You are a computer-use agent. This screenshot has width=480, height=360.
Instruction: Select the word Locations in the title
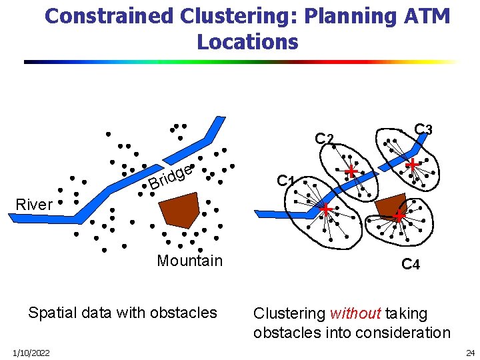click(x=247, y=42)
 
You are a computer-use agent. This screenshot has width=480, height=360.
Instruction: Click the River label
click(x=33, y=205)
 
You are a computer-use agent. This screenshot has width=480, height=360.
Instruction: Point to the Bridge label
click(x=171, y=177)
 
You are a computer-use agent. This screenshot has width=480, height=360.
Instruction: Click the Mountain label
click(x=189, y=261)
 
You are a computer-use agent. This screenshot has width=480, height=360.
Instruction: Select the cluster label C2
click(x=324, y=139)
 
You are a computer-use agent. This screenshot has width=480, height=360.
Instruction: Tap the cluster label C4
click(x=410, y=265)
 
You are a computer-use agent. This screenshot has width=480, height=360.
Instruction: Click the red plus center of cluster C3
click(x=413, y=164)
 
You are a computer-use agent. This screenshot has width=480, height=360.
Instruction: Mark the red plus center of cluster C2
click(x=351, y=172)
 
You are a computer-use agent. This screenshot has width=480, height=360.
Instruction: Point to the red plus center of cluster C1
click(x=326, y=210)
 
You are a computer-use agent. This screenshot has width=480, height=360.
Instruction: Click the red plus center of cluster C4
click(x=398, y=215)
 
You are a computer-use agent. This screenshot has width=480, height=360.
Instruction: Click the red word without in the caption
click(x=355, y=313)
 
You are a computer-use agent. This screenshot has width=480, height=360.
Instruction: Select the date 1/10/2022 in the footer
click(x=29, y=352)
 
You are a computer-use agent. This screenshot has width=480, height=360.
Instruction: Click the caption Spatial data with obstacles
click(x=123, y=313)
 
